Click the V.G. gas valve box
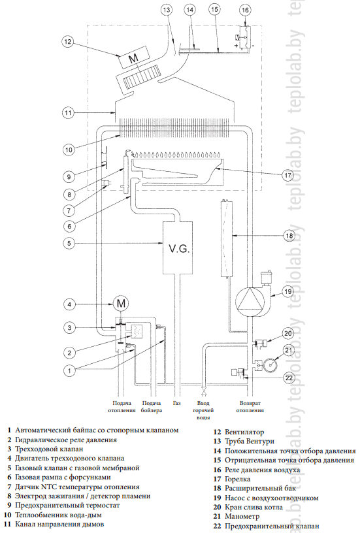point(178,248)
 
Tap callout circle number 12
point(68,41)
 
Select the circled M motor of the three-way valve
point(121,303)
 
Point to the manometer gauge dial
point(270,364)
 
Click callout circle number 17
point(287,176)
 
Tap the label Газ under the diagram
point(177,403)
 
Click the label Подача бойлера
point(152,406)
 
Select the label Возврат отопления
point(250,406)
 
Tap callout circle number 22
point(288,378)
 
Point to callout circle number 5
point(69,243)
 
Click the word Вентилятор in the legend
point(244,432)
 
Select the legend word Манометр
point(242,517)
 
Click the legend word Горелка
point(238,479)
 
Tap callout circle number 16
point(245,10)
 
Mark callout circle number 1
point(69,370)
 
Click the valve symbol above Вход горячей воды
point(204,393)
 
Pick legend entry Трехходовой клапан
point(49,449)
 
